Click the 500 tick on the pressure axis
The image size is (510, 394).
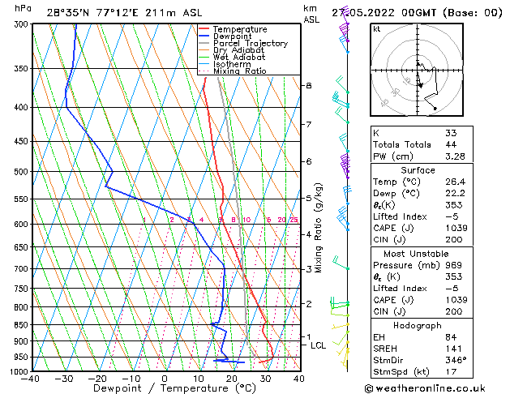pyautogui.click(x=20, y=172)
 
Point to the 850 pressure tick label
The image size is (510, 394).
pyautogui.click(x=20, y=324)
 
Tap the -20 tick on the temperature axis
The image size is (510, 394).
pyautogui.click(x=96, y=378)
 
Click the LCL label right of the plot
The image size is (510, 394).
pyautogui.click(x=319, y=345)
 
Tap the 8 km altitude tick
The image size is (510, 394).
pyautogui.click(x=308, y=85)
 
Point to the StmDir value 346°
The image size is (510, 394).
pyautogui.click(x=456, y=360)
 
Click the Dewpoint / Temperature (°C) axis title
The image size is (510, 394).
pyautogui.click(x=165, y=388)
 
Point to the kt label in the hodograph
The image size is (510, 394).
pyautogui.click(x=377, y=28)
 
